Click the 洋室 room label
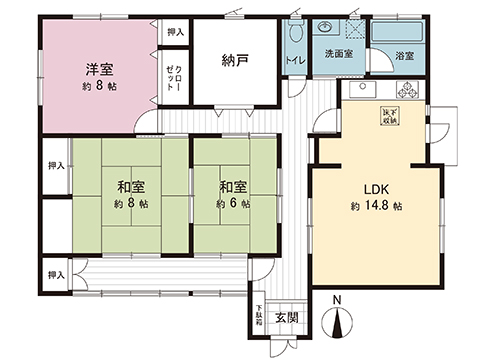pos(96,69)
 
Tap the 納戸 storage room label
pos(235,60)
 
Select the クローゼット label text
pos(174,76)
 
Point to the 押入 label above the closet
pos(176,33)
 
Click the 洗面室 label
pos(333,54)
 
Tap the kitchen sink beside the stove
pos(363,92)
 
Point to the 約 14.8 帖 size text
pos(376,206)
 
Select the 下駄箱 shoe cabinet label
pos(257,315)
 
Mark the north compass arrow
pos(337,323)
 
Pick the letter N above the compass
pos(337,300)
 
